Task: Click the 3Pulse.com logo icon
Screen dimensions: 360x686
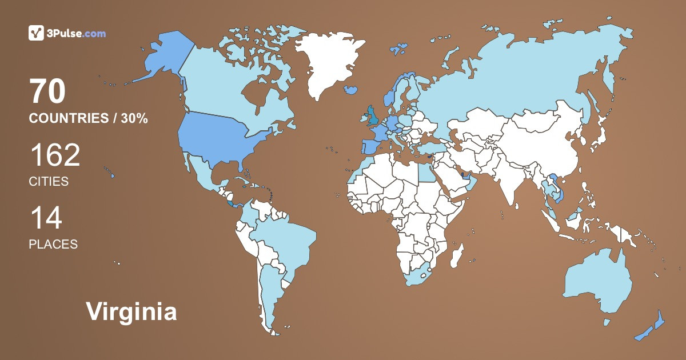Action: coord(36,33)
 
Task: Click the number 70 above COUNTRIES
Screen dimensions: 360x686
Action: coord(47,92)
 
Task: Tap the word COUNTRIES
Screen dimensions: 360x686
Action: coord(69,118)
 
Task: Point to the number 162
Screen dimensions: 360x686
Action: coord(54,155)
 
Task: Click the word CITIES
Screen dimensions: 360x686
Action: coord(49,182)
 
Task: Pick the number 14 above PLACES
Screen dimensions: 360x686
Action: coord(46,218)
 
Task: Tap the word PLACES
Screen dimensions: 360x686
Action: coord(53,244)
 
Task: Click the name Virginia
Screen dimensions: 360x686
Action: coord(131,311)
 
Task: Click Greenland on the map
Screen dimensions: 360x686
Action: coord(326,63)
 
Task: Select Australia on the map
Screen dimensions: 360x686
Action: coord(597,283)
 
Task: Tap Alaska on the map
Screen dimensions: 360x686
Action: coord(163,57)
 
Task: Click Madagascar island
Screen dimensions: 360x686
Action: coord(456,255)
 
